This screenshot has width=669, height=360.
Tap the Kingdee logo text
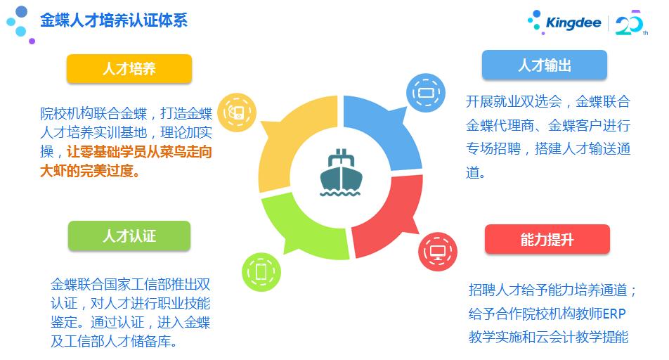coord(573,22)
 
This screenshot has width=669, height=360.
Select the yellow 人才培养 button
coord(129,69)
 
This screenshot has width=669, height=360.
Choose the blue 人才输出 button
coord(544,65)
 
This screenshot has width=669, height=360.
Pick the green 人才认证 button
coord(129,236)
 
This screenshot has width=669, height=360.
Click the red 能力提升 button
coord(547,240)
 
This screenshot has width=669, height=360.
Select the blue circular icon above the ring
coord(426,92)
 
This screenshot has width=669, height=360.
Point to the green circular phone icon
coord(260,270)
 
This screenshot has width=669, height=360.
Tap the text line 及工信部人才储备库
coord(112,342)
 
